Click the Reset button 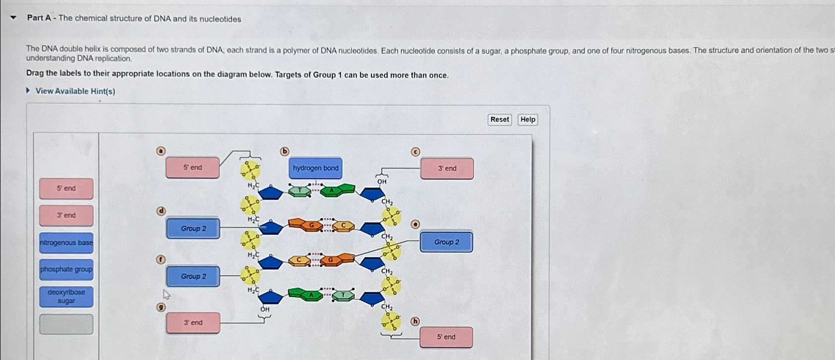click(x=499, y=120)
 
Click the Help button click(x=527, y=120)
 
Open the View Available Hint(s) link click(x=75, y=91)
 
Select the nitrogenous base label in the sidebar click(x=66, y=242)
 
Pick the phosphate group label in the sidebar click(x=66, y=269)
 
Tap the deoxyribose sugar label click(x=66, y=297)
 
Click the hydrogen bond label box click(x=316, y=168)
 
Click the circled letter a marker click(x=161, y=151)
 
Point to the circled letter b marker click(x=284, y=151)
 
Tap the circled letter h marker click(x=415, y=321)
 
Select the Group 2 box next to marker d click(x=193, y=229)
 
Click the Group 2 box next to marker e click(x=447, y=242)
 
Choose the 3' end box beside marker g click(x=193, y=323)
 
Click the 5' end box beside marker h click(x=446, y=337)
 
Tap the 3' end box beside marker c click(x=447, y=169)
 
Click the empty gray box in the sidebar click(x=66, y=324)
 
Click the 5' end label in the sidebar click(x=66, y=188)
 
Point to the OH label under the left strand click(x=265, y=309)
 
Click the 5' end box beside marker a click(x=193, y=168)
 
